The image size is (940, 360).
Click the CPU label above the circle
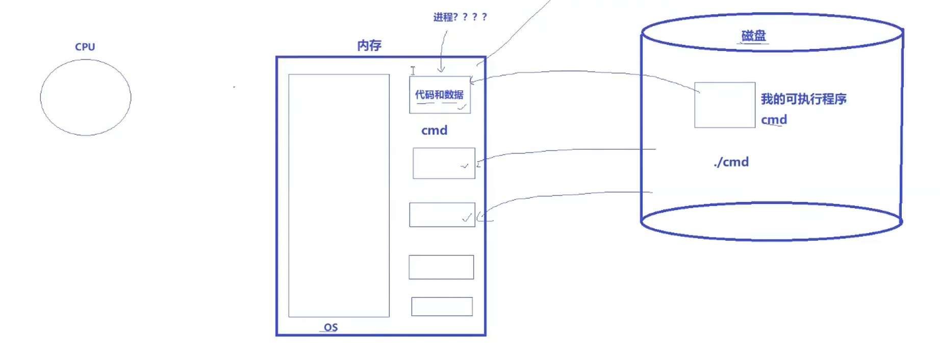85,47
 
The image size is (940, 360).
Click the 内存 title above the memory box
369,45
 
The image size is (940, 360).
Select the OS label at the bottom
331,327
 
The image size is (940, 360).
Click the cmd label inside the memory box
434,131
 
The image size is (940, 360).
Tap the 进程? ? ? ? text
460,17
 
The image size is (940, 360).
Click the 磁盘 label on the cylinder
753,36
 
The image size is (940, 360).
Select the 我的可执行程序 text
803,99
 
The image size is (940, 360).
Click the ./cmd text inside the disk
731,162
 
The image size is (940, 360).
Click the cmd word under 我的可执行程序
774,120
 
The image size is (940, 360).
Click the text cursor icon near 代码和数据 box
413,70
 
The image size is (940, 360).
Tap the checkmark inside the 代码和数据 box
462,107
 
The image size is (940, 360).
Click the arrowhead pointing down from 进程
441,69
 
